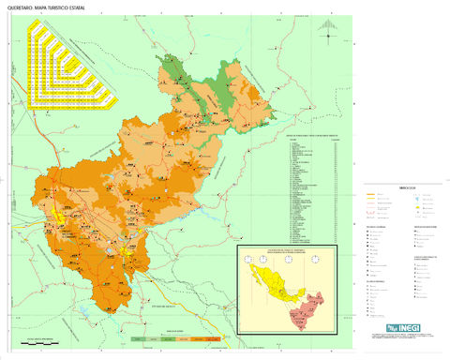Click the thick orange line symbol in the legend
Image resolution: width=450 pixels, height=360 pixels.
[370, 196]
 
